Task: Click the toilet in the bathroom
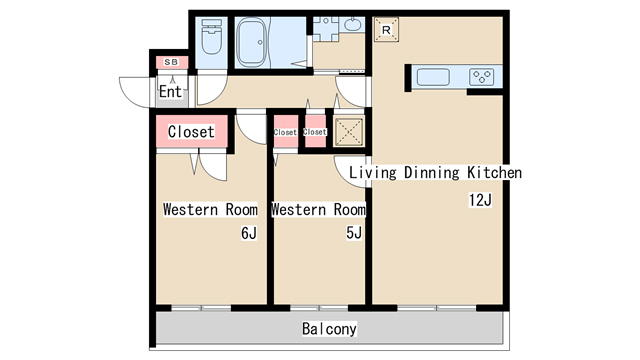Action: click(x=212, y=37)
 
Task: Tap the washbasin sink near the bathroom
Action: click(x=353, y=24)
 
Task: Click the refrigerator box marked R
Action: click(x=386, y=29)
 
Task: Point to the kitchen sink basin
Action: click(x=433, y=77)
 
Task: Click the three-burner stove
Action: click(x=482, y=77)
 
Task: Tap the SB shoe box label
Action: click(x=171, y=62)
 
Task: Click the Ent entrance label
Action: click(x=170, y=91)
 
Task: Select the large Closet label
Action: click(x=191, y=131)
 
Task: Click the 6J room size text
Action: click(x=249, y=233)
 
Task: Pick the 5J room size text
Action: click(x=354, y=233)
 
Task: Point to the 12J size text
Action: click(x=480, y=200)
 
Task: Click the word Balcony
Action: click(x=329, y=329)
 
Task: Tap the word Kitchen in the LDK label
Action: click(x=494, y=172)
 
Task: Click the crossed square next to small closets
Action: click(x=349, y=131)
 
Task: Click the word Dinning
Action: click(x=432, y=173)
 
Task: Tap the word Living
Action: click(x=373, y=173)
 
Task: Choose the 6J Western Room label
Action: click(x=210, y=209)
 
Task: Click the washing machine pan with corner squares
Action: click(x=325, y=29)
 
